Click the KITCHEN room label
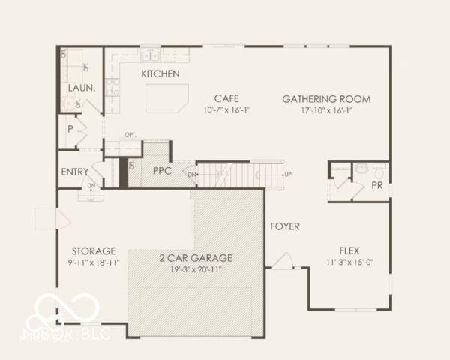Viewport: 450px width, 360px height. (x=160, y=73)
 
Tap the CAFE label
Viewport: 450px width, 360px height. (x=226, y=98)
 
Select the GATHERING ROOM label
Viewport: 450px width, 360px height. (x=326, y=98)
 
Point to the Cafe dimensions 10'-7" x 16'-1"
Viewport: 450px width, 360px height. (x=226, y=110)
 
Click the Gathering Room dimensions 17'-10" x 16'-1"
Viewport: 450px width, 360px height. (x=326, y=110)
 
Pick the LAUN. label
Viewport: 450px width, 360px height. (x=81, y=88)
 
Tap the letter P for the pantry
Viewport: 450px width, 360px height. (x=70, y=129)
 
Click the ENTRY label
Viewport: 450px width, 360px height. (x=75, y=172)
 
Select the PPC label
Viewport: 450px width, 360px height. (x=163, y=171)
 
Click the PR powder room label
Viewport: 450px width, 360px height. (x=377, y=185)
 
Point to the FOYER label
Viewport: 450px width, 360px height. (x=285, y=226)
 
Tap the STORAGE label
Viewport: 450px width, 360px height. (x=94, y=250)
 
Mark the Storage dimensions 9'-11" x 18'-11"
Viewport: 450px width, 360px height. (x=94, y=262)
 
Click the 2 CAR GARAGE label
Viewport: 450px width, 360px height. (x=196, y=257)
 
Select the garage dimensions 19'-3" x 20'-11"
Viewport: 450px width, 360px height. (x=196, y=268)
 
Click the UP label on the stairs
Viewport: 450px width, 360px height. (x=288, y=175)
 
